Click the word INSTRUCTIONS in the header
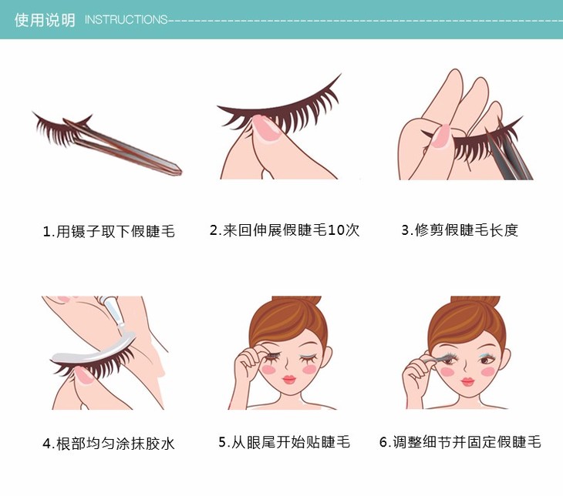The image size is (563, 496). pos(126,19)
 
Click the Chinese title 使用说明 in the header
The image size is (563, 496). pos(45,20)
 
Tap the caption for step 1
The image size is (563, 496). pos(109,231)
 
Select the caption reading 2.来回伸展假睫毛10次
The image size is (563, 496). pos(285,230)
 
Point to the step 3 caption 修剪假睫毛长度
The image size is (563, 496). pos(460,230)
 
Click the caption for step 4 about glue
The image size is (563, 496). pos(109,444)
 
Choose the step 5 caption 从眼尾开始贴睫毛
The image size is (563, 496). pos(284,442)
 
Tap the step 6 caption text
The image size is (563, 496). pos(460,442)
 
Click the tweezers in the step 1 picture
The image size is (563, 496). pos(122,146)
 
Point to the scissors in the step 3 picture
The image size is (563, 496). pos(507,152)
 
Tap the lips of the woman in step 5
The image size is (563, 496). pos(289,379)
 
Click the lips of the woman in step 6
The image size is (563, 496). pos(467,381)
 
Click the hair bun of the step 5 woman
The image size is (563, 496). pos(297,300)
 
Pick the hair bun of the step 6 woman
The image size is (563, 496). pos(475,300)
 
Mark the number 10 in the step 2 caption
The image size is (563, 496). pos(335,230)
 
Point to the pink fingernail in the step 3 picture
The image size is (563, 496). pos(442,136)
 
